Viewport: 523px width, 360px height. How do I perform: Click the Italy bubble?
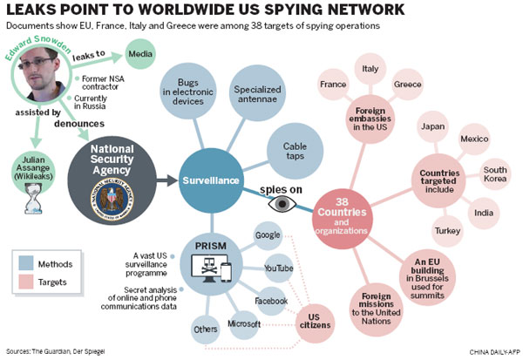click(x=370, y=69)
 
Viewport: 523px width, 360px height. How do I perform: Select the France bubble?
click(x=334, y=85)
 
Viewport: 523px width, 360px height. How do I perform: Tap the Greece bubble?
click(x=408, y=85)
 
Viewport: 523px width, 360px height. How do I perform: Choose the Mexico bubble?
click(x=475, y=139)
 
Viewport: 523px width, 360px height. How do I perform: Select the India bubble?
click(x=482, y=210)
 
